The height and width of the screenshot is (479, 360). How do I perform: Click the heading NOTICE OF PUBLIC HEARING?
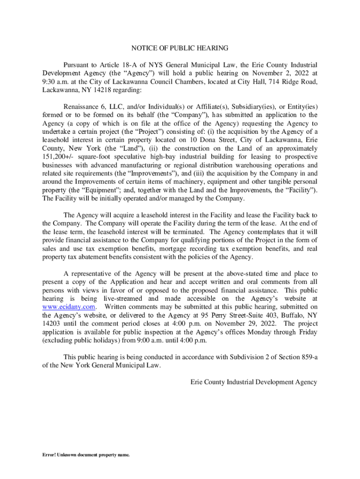180,48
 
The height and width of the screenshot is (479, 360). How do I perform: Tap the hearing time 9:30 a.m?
55,81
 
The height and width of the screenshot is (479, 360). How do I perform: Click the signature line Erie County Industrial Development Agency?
253,382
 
